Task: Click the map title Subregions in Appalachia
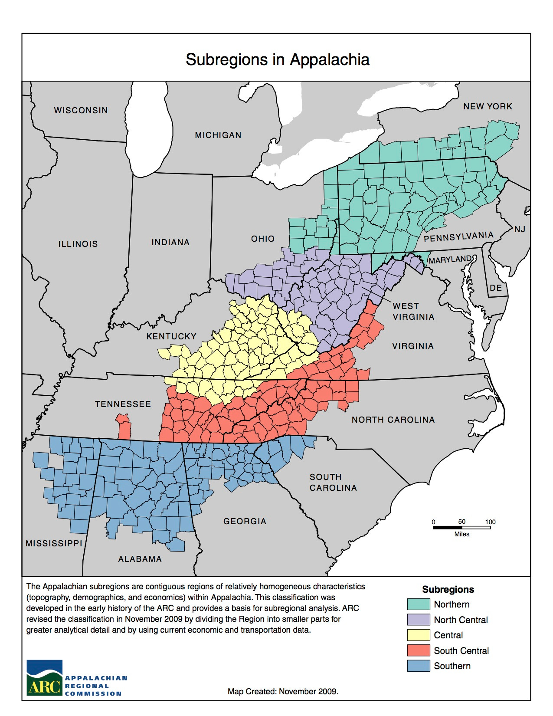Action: point(277,59)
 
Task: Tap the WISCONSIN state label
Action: point(81,110)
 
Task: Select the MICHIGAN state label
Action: point(218,135)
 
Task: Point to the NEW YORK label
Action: point(488,106)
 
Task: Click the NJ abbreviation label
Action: point(519,229)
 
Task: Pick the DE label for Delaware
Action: point(495,288)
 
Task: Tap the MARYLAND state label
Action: point(450,259)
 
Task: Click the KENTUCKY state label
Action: point(171,336)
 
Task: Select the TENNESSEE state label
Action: point(123,404)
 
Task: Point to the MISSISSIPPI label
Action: point(54,543)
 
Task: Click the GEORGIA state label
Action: point(245,521)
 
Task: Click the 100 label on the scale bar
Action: point(490,522)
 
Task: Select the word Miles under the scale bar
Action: point(461,534)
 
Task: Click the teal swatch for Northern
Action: point(418,604)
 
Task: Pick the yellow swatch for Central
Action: point(418,635)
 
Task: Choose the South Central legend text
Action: point(461,650)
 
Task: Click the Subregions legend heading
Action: point(448,589)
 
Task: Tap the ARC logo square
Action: point(45,677)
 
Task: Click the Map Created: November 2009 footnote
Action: point(283,691)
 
